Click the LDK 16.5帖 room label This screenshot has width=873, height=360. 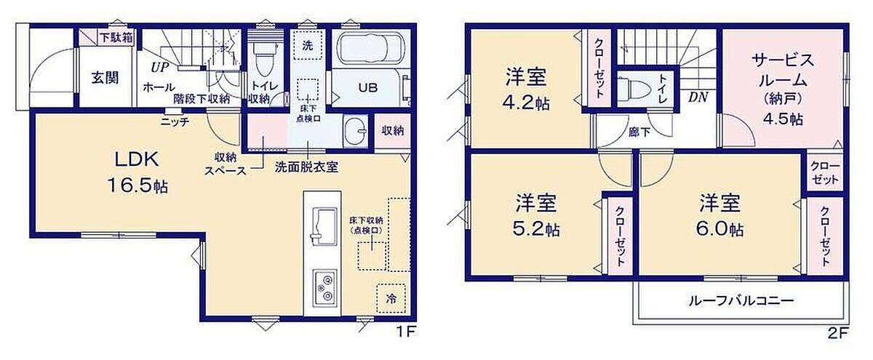[137, 172]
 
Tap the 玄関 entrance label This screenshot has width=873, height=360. [105, 78]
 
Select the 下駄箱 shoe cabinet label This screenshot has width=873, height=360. [116, 38]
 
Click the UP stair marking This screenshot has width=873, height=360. [160, 68]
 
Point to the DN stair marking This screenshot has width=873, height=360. [698, 97]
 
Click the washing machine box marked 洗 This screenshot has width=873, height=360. [308, 45]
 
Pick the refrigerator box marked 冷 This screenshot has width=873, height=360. [391, 298]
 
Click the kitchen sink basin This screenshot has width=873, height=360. [324, 226]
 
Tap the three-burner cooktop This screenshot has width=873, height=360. [324, 289]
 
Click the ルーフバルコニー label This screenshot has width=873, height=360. [741, 301]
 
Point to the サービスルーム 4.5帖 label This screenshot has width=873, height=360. [783, 89]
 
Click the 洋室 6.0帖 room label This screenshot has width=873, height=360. [719, 216]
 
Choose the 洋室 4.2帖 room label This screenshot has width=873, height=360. [526, 89]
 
